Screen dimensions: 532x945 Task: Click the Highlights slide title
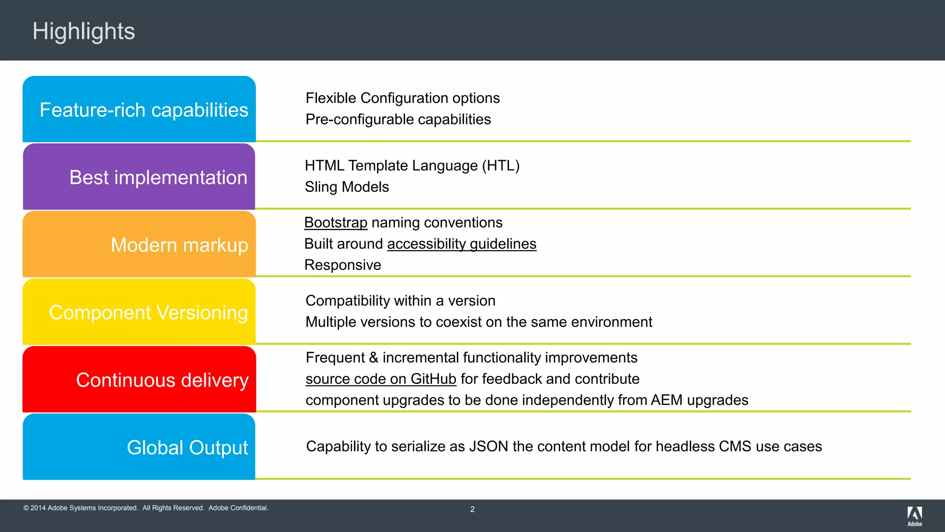pos(84,31)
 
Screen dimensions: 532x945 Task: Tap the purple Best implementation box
pos(139,177)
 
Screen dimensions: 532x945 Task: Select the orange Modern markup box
pos(139,244)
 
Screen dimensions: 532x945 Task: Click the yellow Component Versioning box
pos(139,312)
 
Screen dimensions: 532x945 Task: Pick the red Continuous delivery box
pos(139,380)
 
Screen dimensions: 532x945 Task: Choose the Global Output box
pos(139,447)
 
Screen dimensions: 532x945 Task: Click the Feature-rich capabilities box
pos(139,109)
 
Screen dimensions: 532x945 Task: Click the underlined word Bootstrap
pos(335,223)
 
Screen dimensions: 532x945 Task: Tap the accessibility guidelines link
pos(461,244)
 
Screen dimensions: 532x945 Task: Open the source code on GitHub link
pos(381,379)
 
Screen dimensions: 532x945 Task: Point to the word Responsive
pos(342,265)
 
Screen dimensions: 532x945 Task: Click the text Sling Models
pos(347,187)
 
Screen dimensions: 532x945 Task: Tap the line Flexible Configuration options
pos(402,98)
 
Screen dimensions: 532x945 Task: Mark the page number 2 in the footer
pos(472,509)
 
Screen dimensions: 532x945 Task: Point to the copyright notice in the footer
pos(146,508)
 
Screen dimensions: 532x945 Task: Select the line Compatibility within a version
pos(400,301)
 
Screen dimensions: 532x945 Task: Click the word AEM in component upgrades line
pos(666,400)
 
